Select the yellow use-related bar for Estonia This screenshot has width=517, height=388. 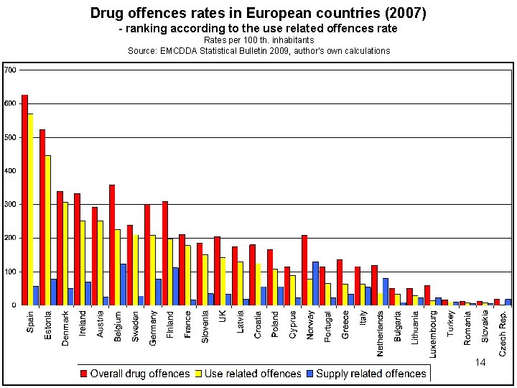click(x=48, y=230)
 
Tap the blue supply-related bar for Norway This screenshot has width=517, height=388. click(x=316, y=283)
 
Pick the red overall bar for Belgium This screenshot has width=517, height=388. click(x=112, y=244)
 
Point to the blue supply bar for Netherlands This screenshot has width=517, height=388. click(x=386, y=291)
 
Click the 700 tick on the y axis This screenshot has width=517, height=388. click(x=11, y=70)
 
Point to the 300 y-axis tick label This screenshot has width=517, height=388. click(x=11, y=204)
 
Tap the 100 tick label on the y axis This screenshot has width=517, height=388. click(x=11, y=272)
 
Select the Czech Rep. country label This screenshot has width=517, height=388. click(x=503, y=333)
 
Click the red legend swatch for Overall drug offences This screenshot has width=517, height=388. click(x=83, y=374)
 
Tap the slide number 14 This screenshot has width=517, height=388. click(x=480, y=362)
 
